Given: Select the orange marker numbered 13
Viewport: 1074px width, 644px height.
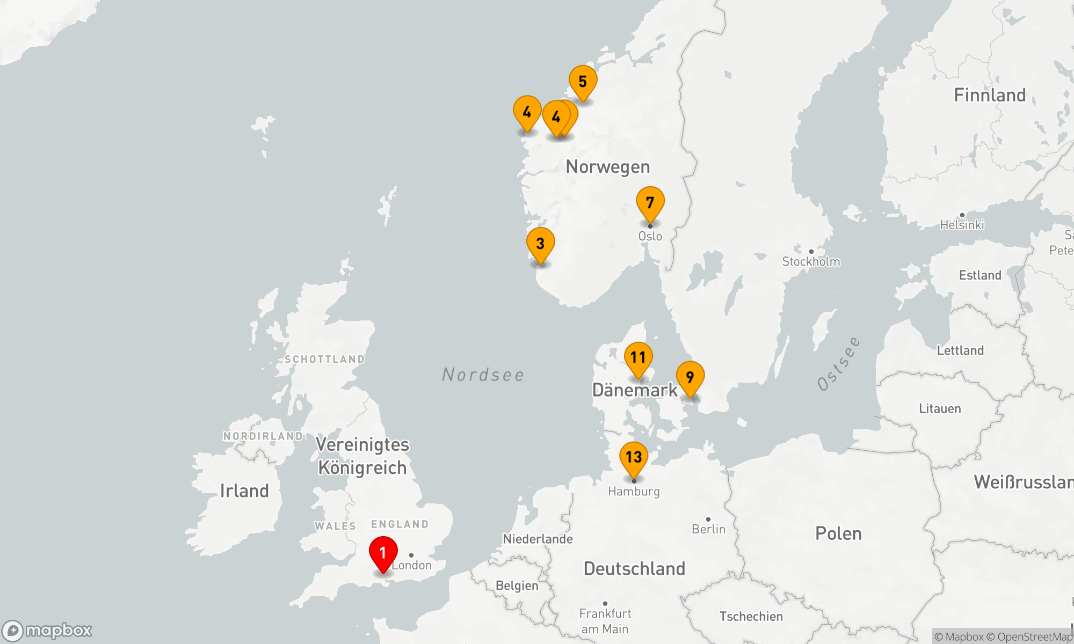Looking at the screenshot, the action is point(634,458).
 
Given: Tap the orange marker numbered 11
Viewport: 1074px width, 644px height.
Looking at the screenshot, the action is point(638,358).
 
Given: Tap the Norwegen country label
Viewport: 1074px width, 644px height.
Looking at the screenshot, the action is point(608,167).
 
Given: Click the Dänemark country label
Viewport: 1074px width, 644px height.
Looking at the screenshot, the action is point(635,390).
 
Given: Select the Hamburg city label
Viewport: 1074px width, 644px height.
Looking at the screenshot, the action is point(634,492).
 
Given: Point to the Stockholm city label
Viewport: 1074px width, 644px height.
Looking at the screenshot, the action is point(811,262).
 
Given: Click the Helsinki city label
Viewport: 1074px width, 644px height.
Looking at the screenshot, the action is point(962,225).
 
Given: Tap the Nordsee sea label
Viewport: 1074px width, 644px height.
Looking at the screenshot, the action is point(483,375).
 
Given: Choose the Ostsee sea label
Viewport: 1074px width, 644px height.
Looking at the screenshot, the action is point(839,364).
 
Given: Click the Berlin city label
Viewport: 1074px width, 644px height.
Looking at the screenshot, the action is point(708,529).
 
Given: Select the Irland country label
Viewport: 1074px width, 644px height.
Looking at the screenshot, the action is point(244,491).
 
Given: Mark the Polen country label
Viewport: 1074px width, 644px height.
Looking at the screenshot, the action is point(838,533).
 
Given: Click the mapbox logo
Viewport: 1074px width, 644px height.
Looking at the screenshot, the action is point(47,630).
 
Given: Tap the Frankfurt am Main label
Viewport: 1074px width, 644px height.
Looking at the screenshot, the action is point(605,621).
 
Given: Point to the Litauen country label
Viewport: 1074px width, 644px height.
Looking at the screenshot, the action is point(940,409).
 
